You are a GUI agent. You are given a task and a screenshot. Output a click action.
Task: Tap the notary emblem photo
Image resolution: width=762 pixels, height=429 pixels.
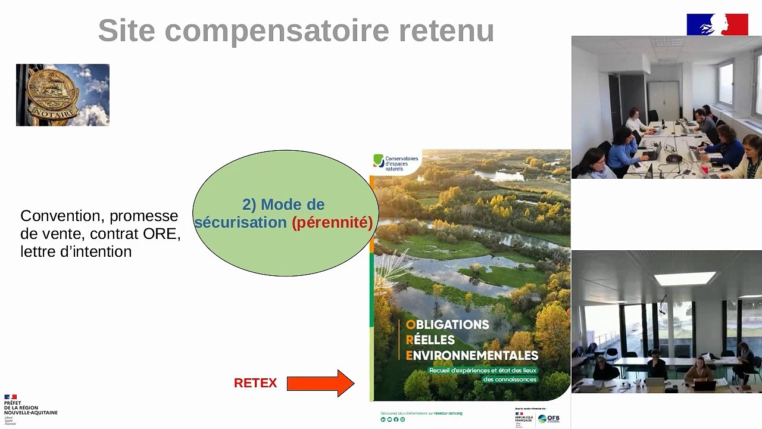[x=63, y=95]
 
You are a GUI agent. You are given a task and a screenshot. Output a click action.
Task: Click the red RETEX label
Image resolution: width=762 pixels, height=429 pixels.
[x=255, y=383]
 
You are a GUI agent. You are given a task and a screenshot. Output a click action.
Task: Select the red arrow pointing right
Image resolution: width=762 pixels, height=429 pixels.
[x=320, y=383]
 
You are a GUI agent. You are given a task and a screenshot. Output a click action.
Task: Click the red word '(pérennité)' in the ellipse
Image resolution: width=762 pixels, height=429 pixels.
[x=332, y=223]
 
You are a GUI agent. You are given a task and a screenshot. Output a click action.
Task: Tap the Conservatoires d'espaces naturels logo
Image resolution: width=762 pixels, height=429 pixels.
[x=396, y=163]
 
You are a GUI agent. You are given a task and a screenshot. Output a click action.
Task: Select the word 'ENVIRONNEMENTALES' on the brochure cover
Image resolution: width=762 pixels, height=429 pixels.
[x=471, y=356]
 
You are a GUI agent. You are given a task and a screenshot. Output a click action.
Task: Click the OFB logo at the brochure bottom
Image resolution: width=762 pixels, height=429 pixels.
[x=548, y=418]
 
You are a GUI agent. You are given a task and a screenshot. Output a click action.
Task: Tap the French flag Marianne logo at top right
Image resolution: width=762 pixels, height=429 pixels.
[x=717, y=24]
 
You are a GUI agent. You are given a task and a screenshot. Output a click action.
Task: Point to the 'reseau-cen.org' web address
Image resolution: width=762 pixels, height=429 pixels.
[x=448, y=413]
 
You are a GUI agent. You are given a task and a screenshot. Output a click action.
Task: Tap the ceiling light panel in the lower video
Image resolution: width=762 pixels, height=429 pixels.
[x=685, y=278]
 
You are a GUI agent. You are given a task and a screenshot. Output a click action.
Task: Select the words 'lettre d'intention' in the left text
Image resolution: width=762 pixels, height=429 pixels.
[x=76, y=251]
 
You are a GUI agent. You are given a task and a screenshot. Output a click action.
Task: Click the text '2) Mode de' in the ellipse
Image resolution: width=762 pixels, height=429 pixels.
[x=283, y=204]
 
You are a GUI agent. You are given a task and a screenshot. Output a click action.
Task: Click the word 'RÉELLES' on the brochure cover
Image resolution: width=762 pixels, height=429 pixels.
[x=430, y=340]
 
